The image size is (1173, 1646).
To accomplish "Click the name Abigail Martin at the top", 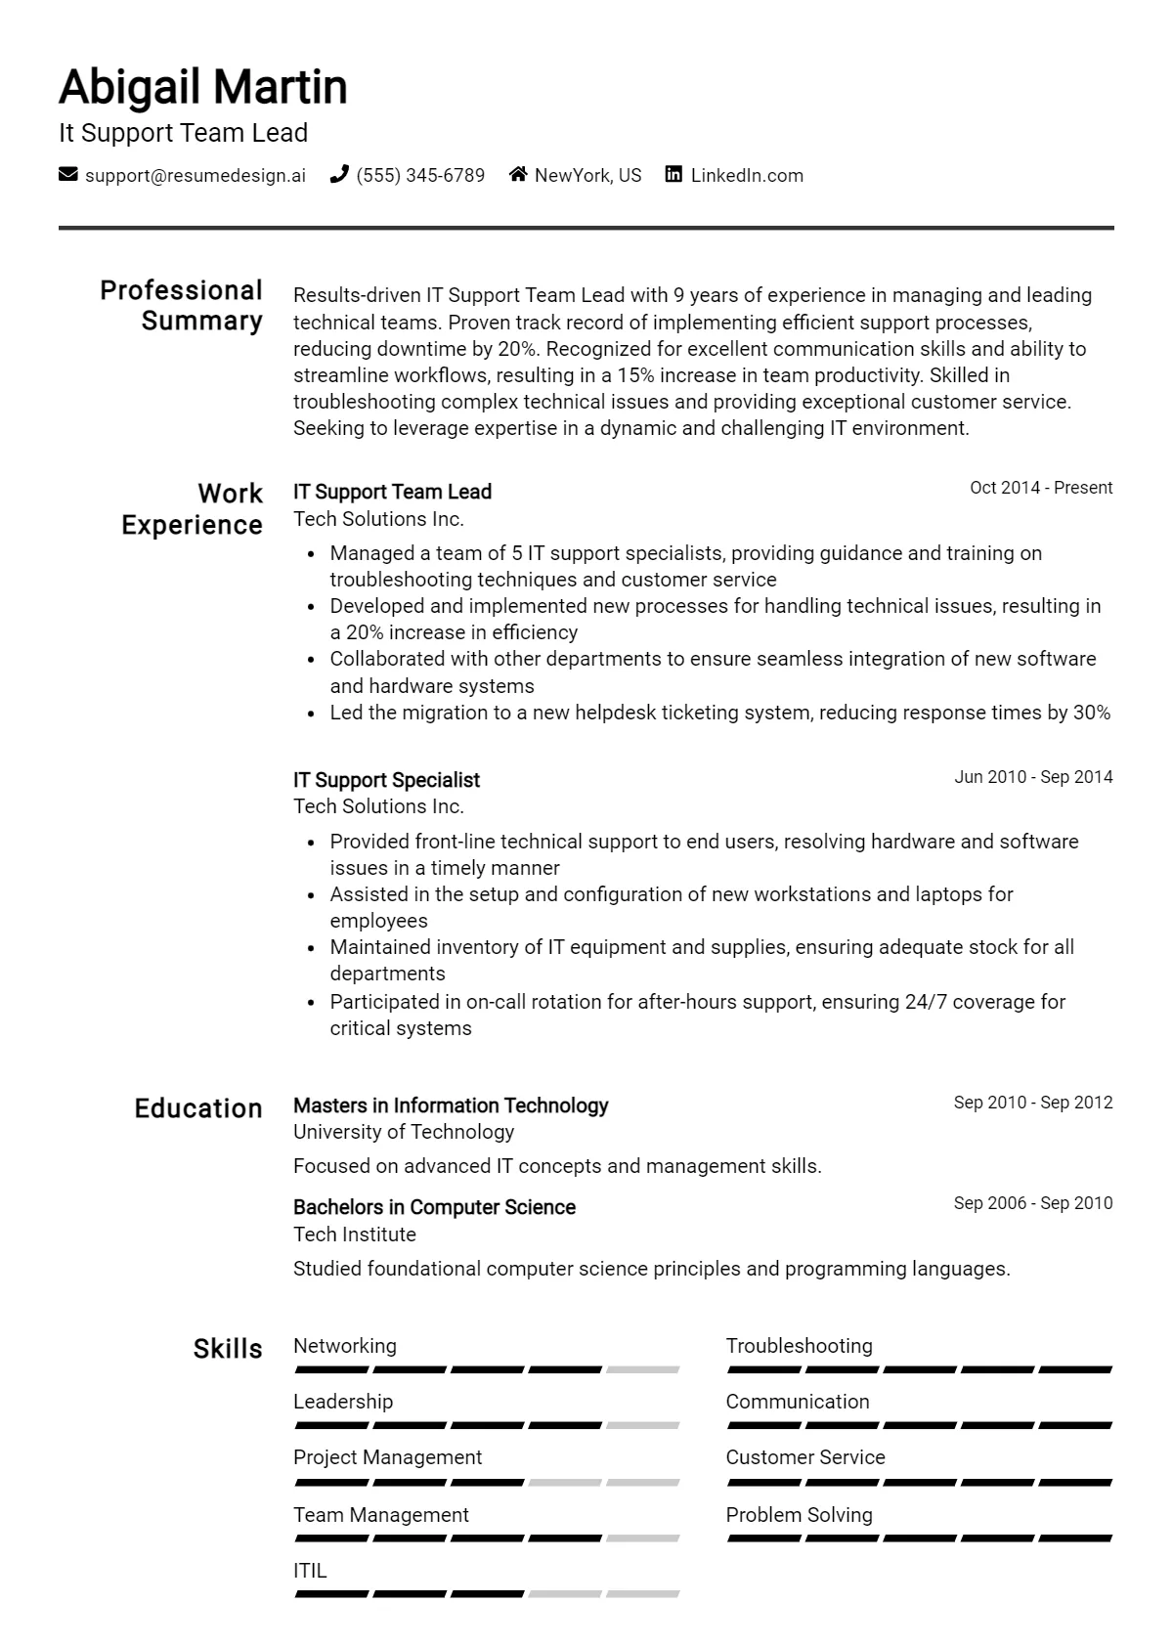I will coord(203,87).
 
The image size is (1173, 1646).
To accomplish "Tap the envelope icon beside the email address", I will coord(68,175).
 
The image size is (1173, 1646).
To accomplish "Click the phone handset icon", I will coord(339,175).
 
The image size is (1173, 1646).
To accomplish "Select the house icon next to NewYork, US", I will coord(518,175).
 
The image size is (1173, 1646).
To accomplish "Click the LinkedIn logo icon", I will coord(673,175).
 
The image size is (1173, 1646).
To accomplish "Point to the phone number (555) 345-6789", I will coord(420,176).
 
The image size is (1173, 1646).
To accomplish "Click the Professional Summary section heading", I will coord(182,306).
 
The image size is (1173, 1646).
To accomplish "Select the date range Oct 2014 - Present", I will coord(1041,488).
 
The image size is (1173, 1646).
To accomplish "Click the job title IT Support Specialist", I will coord(386,780).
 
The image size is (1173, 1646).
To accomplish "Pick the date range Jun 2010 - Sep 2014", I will coord(1033,777).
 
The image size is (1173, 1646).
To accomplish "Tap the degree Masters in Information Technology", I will coord(451,1105).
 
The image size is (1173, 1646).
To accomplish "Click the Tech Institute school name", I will coord(355,1234).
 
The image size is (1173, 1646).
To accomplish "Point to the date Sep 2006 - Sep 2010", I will coord(1033,1203).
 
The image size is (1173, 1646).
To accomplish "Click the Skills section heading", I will coord(228,1349).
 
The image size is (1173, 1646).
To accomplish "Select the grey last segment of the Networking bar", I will coord(642,1370).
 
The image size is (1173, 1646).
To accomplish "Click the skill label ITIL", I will coord(310,1571).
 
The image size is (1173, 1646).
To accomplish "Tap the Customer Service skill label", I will coord(805,1457).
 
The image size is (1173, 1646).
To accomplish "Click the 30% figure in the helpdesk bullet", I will coord(1092,713).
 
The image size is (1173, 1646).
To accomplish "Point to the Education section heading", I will coord(198,1108).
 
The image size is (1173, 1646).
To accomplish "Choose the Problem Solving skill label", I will coord(799,1515).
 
